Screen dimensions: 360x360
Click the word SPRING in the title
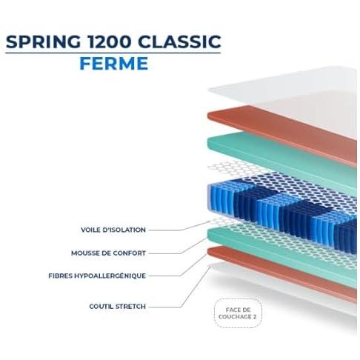tap(43, 41)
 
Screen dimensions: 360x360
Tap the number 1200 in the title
tap(109, 41)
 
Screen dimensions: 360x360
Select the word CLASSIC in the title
tap(179, 41)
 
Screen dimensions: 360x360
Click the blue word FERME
tap(114, 64)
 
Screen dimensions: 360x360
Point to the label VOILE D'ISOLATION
tap(113, 230)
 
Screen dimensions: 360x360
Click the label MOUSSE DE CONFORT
tap(108, 253)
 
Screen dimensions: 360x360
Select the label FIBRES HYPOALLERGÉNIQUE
tap(97, 276)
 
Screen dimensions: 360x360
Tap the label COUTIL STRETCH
tap(117, 307)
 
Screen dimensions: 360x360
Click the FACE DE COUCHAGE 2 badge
tap(238, 313)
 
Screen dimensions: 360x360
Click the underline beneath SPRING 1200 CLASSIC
tap(113, 53)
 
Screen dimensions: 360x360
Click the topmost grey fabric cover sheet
tap(281, 99)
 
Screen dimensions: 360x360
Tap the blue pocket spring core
tap(281, 215)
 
